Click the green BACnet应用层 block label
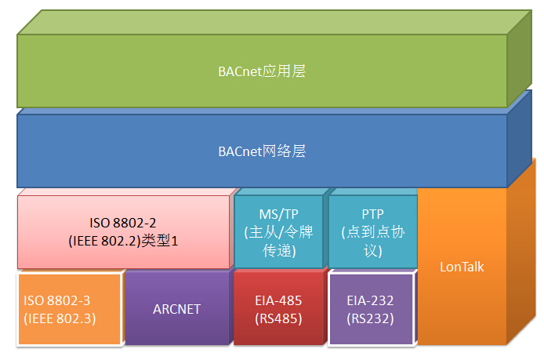pyautogui.click(x=262, y=71)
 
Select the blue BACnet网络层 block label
pyautogui.click(x=262, y=151)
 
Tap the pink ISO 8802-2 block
pyautogui.click(x=124, y=232)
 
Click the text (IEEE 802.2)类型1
pyautogui.click(x=123, y=241)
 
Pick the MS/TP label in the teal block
pyautogui.click(x=278, y=214)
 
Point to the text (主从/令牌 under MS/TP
pyautogui.click(x=278, y=232)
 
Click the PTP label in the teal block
pyautogui.click(x=372, y=214)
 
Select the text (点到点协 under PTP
pyautogui.click(x=372, y=232)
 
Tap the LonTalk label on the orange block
pyautogui.click(x=462, y=267)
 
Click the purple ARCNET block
pyautogui.click(x=177, y=307)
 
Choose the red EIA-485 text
pyautogui.click(x=278, y=300)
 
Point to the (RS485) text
pyautogui.click(x=278, y=318)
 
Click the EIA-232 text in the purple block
pyautogui.click(x=370, y=300)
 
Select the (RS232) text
pyautogui.click(x=370, y=318)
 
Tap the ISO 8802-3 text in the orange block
pyautogui.click(x=57, y=300)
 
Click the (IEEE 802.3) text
pyautogui.click(x=60, y=318)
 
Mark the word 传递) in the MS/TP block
pyautogui.click(x=279, y=251)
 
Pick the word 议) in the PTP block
pyautogui.click(x=373, y=251)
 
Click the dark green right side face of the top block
pyautogui.click(x=520, y=58)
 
